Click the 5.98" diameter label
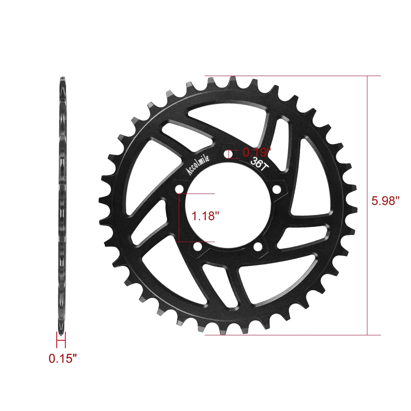pos(386,201)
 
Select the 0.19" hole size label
pos(257,152)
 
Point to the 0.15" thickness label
pos(63,358)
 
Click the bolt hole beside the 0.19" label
pos(228,154)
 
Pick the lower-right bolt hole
pos(258,247)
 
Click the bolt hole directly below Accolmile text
pos(179,189)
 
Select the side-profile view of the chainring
pos(62,205)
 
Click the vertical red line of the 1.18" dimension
pos(179,217)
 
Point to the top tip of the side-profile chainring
pos(62,79)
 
